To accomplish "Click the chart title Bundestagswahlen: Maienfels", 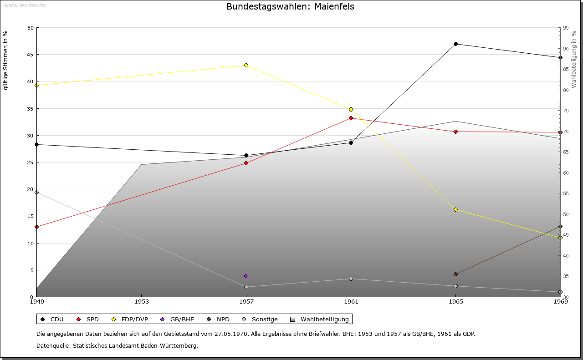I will pos(290,7).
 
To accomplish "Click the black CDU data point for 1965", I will pos(455,44).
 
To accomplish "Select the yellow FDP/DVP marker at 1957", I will pos(246,65).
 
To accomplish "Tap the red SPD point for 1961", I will pos(351,118).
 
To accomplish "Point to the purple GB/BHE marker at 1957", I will pos(246,276).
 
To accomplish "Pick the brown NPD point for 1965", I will pos(455,274).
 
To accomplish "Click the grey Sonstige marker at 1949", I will pos(36,192).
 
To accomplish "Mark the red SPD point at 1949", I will pos(36,227).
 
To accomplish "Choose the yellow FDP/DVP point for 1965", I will pos(455,209).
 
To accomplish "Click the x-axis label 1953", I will pos(142,301).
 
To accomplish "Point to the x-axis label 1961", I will pos(351,301).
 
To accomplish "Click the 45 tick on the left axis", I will pos(30,55).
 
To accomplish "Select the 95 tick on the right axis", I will pos(566,28).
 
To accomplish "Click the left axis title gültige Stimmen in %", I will pos(6,61).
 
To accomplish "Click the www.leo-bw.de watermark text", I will pos(23,5).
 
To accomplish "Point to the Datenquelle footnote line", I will pos(117,345).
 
